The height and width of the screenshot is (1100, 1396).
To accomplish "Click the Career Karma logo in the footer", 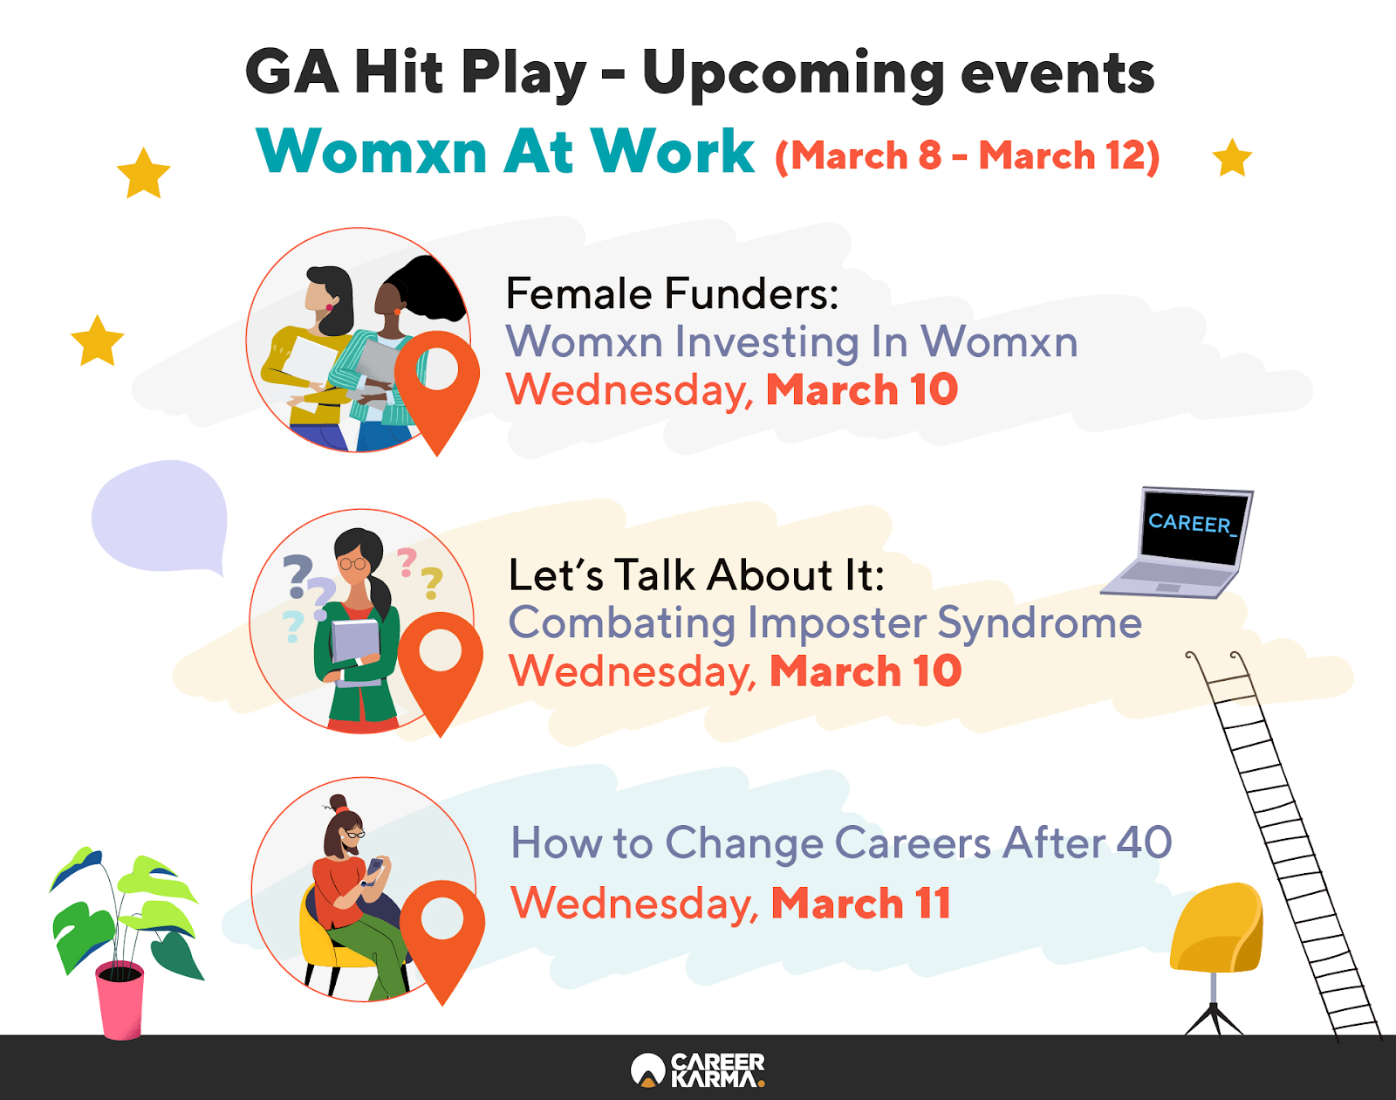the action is (x=698, y=1069).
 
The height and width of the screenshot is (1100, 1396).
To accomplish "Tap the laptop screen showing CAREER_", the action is (x=1194, y=526).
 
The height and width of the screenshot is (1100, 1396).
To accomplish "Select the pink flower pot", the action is (x=120, y=1000).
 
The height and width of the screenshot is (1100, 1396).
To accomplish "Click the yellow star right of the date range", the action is (x=1232, y=158).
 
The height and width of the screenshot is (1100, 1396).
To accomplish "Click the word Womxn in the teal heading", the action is (x=372, y=151).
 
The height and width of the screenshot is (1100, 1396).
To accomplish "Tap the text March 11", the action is (x=861, y=903).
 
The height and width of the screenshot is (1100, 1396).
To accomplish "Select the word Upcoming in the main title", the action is (x=793, y=75).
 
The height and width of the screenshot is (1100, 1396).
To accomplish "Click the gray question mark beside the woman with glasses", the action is (x=298, y=576).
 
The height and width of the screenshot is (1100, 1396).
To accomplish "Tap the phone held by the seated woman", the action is (x=374, y=867).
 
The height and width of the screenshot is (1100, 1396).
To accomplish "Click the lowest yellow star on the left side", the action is (x=98, y=340).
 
